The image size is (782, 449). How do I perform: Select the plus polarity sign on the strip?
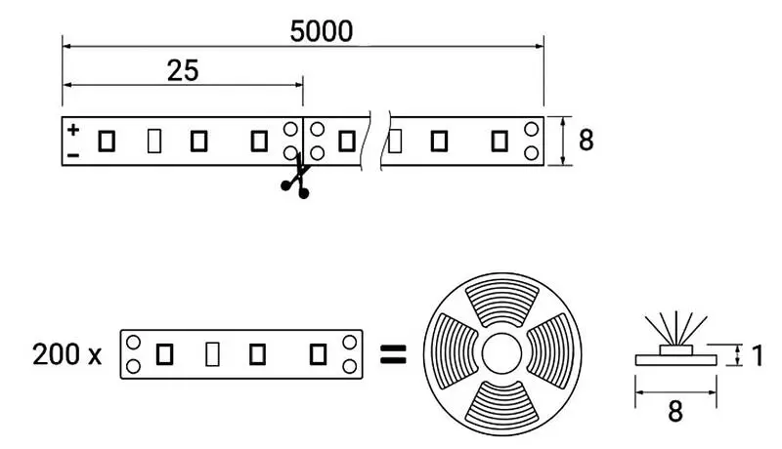tap(73, 129)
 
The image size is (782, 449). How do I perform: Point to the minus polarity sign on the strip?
tap(73, 154)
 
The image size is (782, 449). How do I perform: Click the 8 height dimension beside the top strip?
tap(586, 141)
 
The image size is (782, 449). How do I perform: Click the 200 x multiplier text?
tap(66, 353)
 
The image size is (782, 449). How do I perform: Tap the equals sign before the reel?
tap(392, 353)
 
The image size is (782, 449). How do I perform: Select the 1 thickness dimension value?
tap(757, 355)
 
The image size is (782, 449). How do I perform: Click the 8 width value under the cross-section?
tap(673, 412)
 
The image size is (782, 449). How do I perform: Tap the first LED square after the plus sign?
tap(107, 141)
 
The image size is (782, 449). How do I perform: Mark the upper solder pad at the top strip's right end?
tap(531, 130)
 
